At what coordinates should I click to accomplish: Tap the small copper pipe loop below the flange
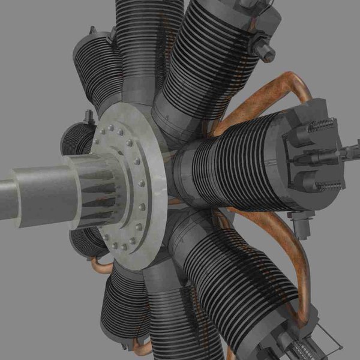coord(100,264)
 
